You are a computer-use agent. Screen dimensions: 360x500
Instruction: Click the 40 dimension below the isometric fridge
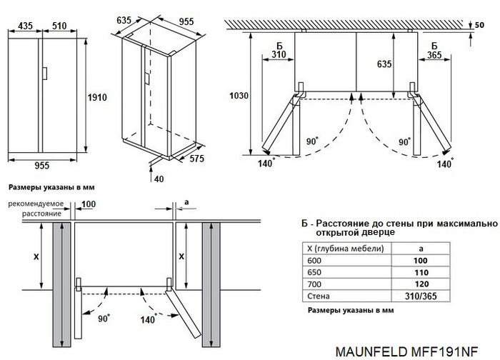tap(159, 178)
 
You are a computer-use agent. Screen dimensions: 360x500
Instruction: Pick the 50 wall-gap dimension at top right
tap(489, 26)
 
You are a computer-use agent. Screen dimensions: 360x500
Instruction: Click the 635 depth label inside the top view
tap(384, 64)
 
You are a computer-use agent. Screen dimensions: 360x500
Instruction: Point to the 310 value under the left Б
tap(279, 54)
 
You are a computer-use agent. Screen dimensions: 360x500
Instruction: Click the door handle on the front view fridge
tap(44, 74)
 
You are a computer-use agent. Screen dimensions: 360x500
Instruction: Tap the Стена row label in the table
tap(318, 295)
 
